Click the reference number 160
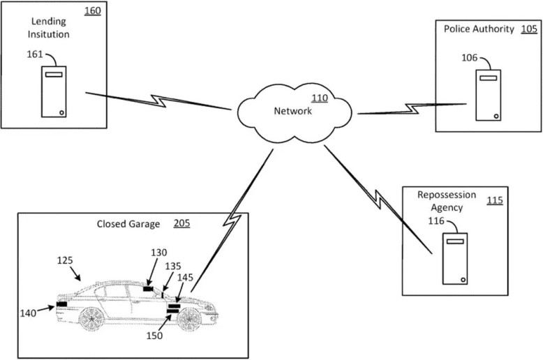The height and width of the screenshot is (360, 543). click(93, 10)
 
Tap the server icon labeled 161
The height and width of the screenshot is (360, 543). click(54, 91)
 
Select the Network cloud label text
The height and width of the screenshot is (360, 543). click(292, 111)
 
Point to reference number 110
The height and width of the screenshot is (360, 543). click(320, 98)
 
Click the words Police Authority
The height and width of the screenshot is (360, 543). click(479, 29)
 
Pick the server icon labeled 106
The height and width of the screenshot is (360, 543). click(489, 95)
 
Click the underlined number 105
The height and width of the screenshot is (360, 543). click(529, 29)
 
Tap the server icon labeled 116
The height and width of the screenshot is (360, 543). click(455, 259)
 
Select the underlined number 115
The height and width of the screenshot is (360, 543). click(495, 200)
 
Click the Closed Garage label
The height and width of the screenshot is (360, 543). click(128, 224)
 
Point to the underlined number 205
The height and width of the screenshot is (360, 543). click(181, 223)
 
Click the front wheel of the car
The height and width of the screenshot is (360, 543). click(189, 318)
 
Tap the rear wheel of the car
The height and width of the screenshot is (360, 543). click(91, 318)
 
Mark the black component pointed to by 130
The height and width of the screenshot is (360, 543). click(148, 289)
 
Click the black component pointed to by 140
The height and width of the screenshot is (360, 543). click(61, 304)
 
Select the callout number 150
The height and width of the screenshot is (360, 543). click(154, 336)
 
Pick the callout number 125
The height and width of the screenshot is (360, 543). click(65, 260)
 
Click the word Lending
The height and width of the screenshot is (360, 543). click(48, 22)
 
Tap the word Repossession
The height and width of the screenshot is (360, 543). click(447, 195)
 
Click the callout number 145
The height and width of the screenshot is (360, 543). click(185, 278)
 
